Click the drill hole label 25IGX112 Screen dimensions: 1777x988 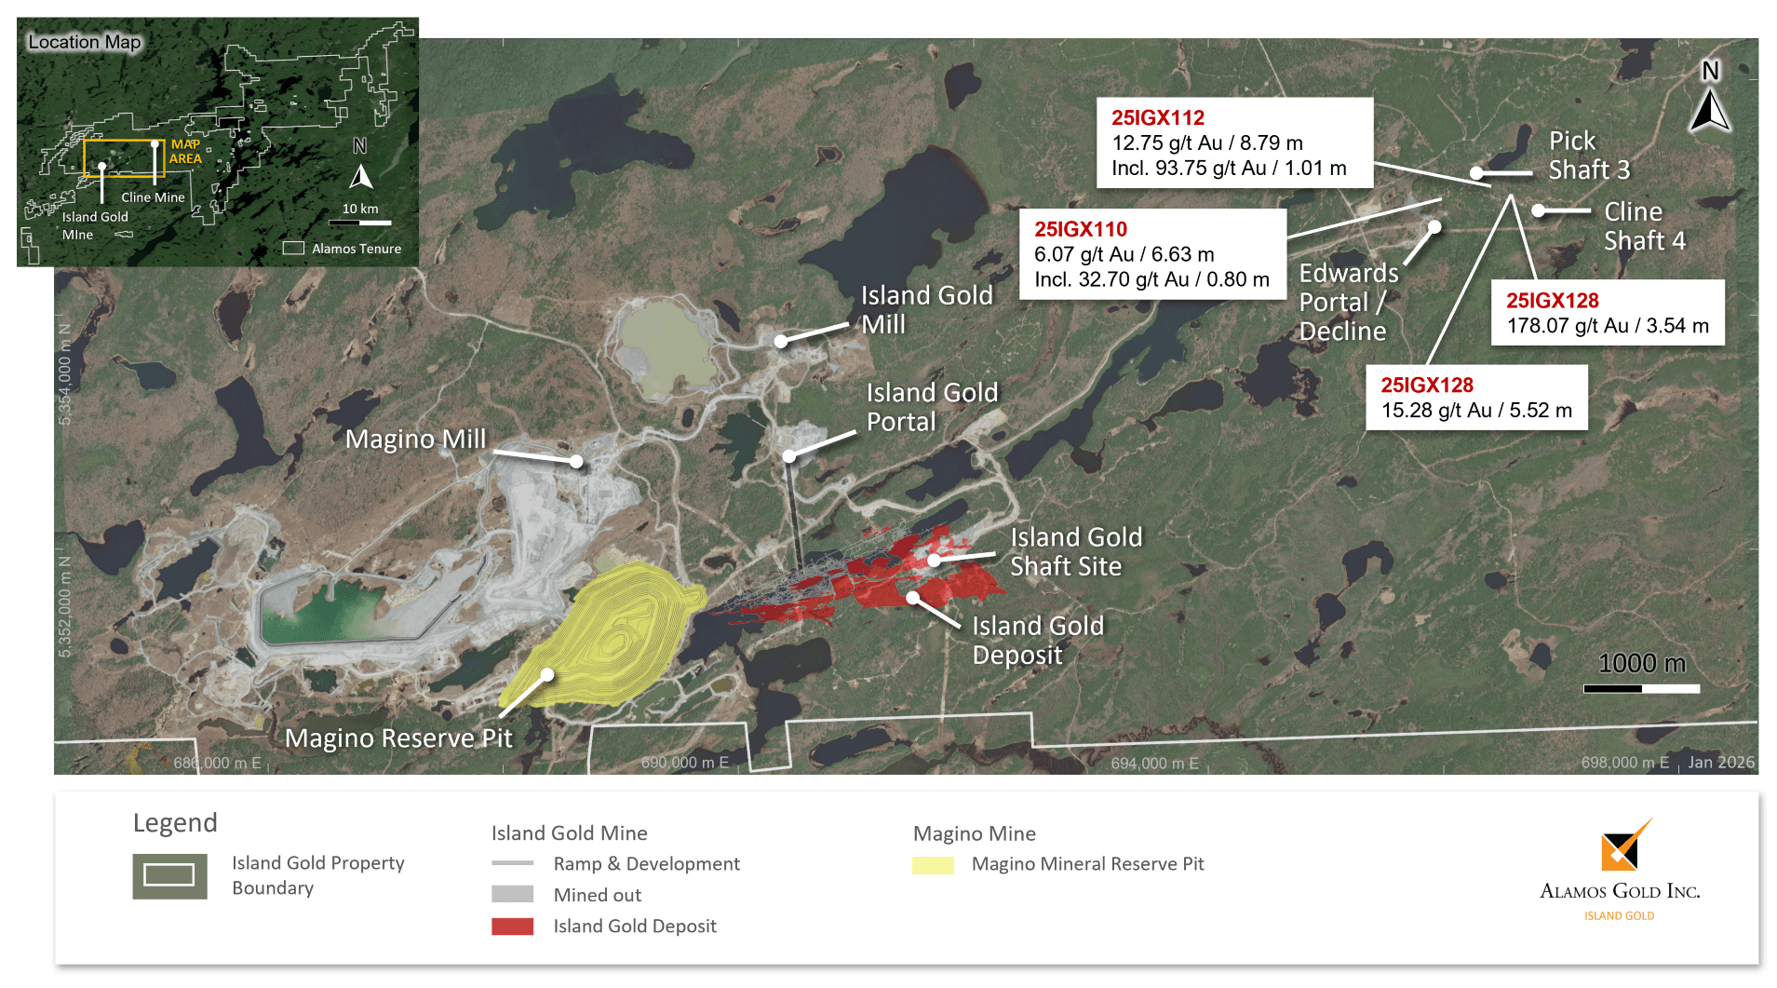(x=1157, y=118)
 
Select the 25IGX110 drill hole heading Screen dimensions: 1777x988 (x=1080, y=229)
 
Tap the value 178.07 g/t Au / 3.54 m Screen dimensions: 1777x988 (x=1607, y=326)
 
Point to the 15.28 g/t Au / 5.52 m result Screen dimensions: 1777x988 (x=1475, y=411)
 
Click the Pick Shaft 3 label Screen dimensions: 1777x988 (x=1588, y=156)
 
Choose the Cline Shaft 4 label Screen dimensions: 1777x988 (x=1644, y=226)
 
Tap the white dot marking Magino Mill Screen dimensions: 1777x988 (x=576, y=461)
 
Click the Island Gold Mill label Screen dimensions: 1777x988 (x=925, y=309)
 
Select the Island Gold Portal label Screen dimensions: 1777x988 (x=931, y=407)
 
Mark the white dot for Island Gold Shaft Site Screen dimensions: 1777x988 (x=934, y=561)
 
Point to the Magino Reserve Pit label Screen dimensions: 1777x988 (x=398, y=738)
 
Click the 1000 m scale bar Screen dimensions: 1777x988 (x=1641, y=688)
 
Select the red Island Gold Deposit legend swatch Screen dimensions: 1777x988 (x=512, y=927)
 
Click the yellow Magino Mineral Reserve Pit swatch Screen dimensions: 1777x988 (x=933, y=865)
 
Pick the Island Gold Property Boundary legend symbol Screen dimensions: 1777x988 (x=169, y=875)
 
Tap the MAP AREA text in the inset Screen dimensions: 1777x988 (x=185, y=151)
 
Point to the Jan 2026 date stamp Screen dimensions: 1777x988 (x=1720, y=763)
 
